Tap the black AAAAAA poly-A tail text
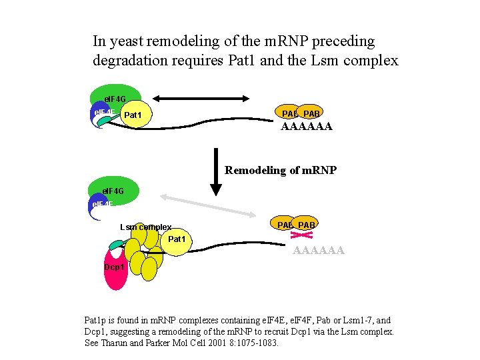[306, 126]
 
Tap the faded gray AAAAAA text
[319, 251]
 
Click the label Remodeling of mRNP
[281, 170]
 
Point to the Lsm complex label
[145, 227]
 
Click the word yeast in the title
[126, 41]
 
